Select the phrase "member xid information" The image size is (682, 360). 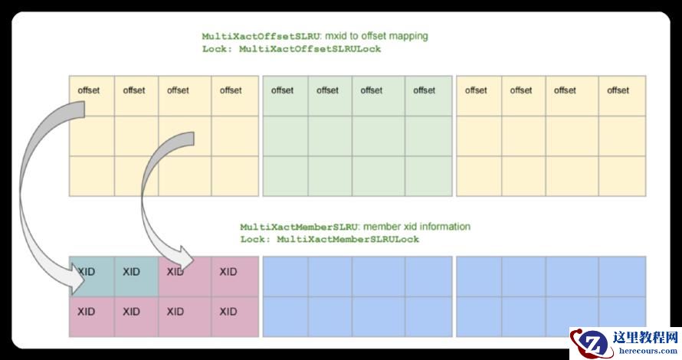[x=417, y=227]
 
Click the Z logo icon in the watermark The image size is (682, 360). [x=590, y=342]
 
